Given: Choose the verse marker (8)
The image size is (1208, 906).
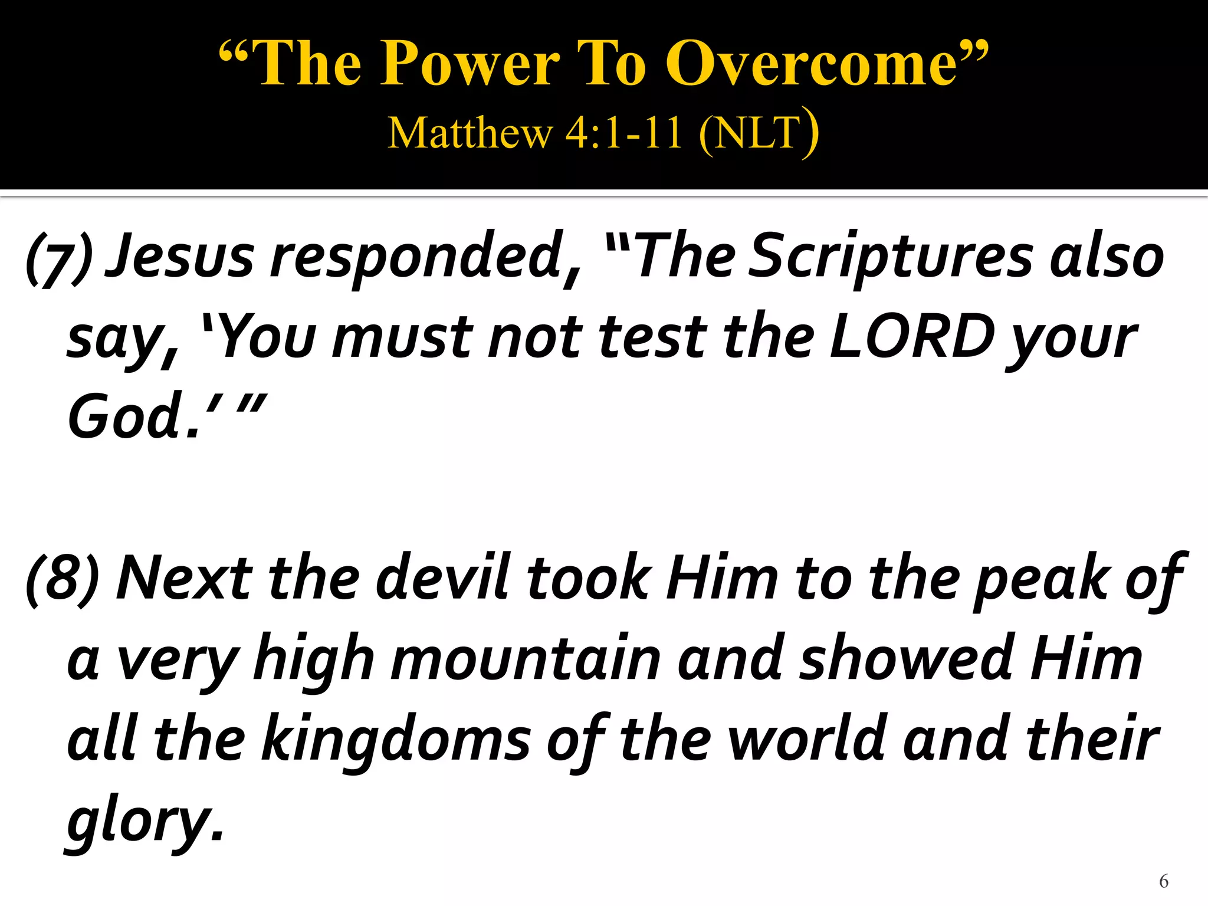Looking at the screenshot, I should (63, 579).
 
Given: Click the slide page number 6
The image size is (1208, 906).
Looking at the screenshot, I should (1163, 881).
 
